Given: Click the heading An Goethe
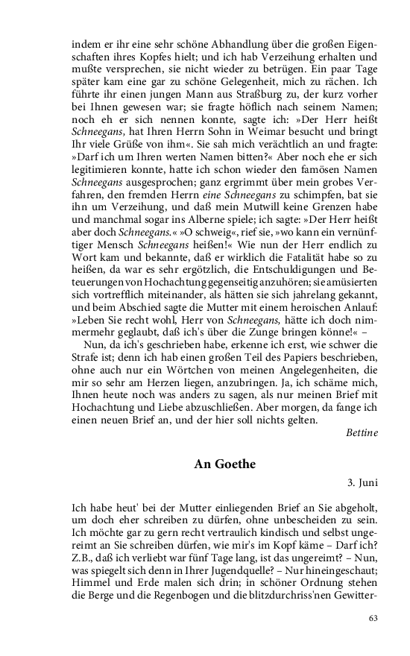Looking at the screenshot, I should [x=224, y=464].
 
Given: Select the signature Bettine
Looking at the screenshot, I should [x=362, y=432].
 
